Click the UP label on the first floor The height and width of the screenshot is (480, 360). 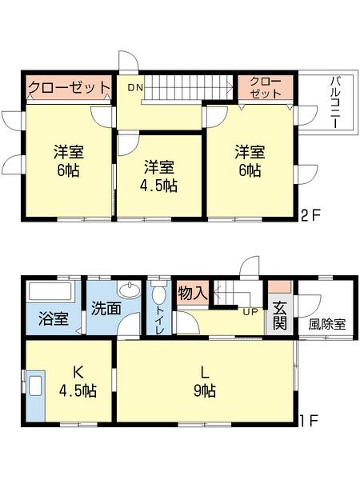[250, 311]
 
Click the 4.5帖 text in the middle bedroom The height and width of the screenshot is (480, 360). [161, 186]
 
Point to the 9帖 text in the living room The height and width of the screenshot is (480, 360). [205, 391]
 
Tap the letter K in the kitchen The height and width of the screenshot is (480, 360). [78, 372]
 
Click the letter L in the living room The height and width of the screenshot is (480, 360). [205, 371]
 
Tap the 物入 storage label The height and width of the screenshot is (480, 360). [193, 293]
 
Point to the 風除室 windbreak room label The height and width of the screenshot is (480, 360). [328, 325]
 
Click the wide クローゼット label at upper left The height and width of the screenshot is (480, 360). [69, 86]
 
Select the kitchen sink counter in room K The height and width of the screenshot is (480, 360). [35, 396]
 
